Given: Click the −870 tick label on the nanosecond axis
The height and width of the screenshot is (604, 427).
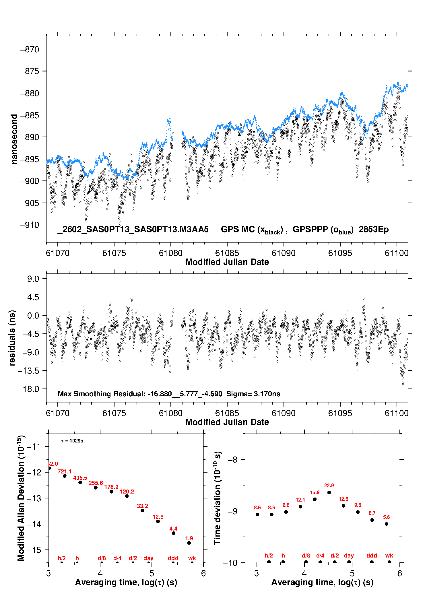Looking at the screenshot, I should (30, 49).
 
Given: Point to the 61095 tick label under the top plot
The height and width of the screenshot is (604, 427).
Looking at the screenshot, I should (340, 253).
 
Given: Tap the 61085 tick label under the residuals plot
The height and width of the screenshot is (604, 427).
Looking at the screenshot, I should (227, 413).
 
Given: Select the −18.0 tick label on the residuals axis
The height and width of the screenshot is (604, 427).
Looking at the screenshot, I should (28, 389).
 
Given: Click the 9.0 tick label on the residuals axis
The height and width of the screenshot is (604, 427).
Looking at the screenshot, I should (33, 279).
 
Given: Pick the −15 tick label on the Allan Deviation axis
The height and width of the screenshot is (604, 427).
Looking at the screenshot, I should (34, 550).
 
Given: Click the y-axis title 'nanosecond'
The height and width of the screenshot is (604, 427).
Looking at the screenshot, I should (14, 139).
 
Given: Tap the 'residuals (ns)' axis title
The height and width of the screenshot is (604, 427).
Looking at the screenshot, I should (12, 338).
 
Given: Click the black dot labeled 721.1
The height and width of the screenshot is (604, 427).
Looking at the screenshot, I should (65, 476).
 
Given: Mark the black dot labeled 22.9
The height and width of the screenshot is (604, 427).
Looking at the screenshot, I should (329, 492).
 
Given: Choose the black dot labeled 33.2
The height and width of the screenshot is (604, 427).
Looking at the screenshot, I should (142, 510).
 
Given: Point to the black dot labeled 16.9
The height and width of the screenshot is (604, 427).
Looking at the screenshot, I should (315, 499).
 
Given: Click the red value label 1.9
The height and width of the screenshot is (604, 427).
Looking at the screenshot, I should (189, 539).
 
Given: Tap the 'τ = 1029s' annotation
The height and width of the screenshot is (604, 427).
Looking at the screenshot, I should (72, 441).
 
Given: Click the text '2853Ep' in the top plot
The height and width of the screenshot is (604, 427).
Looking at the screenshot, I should (373, 230).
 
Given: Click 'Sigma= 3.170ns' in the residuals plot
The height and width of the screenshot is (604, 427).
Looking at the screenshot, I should (253, 394).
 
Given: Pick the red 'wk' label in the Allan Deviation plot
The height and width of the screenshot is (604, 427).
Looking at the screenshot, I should (192, 558).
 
